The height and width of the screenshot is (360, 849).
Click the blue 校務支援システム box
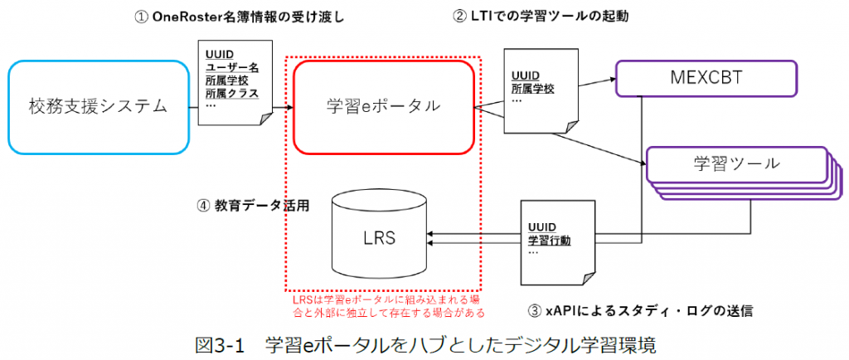click(99, 107)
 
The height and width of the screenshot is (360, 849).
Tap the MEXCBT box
click(706, 79)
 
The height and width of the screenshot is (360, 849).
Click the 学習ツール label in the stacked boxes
click(737, 163)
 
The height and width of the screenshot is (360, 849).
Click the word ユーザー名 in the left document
click(232, 68)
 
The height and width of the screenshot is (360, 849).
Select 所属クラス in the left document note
click(232, 93)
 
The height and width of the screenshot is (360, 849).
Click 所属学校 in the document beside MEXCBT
click(532, 89)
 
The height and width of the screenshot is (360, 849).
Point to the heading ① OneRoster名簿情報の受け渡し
click(240, 18)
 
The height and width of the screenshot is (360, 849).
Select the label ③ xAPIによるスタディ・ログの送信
click(640, 311)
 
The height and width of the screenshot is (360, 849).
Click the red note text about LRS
click(386, 306)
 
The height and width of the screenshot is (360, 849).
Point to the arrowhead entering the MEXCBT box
click(612, 79)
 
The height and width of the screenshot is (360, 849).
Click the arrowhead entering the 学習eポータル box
click(289, 107)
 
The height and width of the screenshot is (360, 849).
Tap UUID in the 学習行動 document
click(541, 226)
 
